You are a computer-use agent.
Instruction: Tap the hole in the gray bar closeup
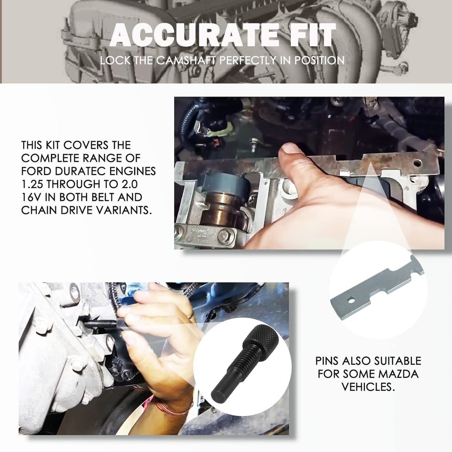[351, 299]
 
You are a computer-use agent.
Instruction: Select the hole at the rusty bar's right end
[417, 163]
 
